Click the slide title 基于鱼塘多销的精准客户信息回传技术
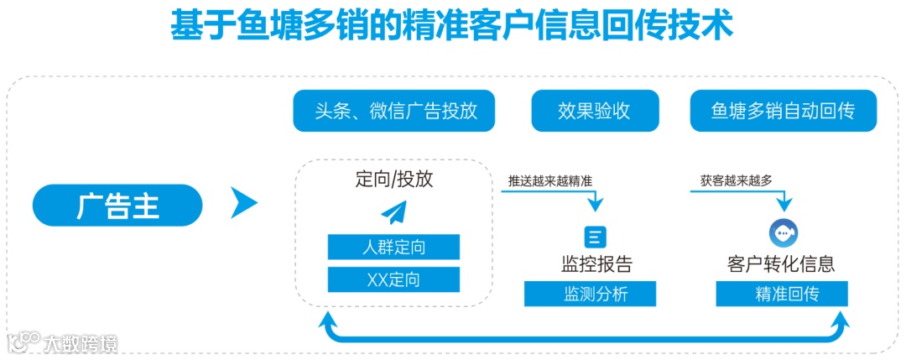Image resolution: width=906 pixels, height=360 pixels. (452, 26)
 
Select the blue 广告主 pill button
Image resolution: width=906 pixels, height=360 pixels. (117, 206)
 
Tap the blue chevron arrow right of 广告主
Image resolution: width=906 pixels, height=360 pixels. (243, 202)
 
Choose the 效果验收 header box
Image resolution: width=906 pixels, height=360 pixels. (594, 112)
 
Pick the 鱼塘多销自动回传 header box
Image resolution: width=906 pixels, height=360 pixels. (783, 112)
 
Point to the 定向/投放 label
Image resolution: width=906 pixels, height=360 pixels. (394, 179)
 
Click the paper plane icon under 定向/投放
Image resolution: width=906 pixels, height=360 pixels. (393, 212)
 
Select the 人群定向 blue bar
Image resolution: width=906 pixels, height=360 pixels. (393, 248)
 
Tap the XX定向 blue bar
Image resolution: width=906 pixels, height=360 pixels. (393, 279)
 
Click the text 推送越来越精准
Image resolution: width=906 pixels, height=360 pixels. (549, 180)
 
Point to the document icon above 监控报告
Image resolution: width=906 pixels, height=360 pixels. (595, 237)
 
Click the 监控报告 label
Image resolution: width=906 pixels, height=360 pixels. (596, 264)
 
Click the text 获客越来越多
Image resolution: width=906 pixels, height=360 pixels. (736, 180)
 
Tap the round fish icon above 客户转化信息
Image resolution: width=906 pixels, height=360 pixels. (784, 232)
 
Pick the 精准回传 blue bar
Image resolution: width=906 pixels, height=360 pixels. (782, 294)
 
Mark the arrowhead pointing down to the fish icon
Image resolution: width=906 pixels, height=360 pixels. (784, 204)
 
